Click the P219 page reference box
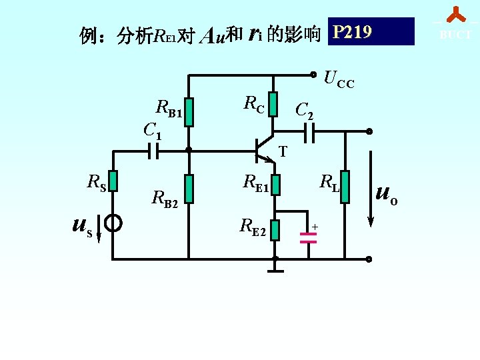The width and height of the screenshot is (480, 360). tap(371, 32)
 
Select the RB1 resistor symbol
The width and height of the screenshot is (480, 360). tap(189, 113)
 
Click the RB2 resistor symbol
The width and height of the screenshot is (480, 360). tap(189, 189)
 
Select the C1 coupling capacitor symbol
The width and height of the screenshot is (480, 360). tap(153, 151)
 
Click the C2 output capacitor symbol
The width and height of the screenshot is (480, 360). tap(308, 133)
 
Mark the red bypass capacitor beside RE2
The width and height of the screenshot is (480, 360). tap(308, 237)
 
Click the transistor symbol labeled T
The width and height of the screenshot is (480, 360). tap(265, 149)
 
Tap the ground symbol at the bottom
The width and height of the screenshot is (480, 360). tap(275, 268)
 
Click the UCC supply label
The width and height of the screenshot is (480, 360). tap(339, 80)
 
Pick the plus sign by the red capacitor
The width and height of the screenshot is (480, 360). tap(315, 227)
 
